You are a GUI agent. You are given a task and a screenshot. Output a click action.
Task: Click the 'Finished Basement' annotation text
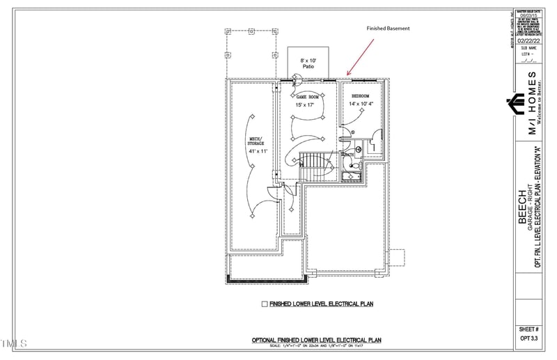pyautogui.click(x=389, y=29)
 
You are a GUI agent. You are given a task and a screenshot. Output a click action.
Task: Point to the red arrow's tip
pyautogui.click(x=348, y=74)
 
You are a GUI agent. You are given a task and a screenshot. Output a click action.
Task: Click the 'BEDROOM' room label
pyautogui.click(x=360, y=96)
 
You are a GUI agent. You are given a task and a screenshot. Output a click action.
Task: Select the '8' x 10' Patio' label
pyautogui.click(x=308, y=64)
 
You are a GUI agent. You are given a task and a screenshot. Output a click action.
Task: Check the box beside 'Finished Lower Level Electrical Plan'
pyautogui.click(x=265, y=304)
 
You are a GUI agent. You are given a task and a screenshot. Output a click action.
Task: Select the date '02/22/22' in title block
pyautogui.click(x=528, y=41)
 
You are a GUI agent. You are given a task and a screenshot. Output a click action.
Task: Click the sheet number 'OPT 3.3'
pyautogui.click(x=528, y=338)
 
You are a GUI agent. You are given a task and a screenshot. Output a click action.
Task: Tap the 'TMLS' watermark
pyautogui.click(x=14, y=343)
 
